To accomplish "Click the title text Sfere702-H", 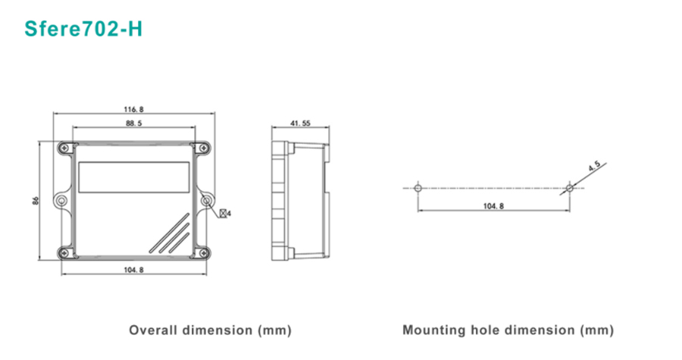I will click(83, 29).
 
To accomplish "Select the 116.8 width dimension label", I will click(133, 108).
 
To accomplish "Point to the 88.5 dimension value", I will click(133, 123).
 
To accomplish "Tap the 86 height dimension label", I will click(36, 201).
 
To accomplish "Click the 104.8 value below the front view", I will click(133, 270).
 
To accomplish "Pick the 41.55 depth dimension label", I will click(301, 123).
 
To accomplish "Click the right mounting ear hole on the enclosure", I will click(206, 200).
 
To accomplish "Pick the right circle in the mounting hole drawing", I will click(569, 186).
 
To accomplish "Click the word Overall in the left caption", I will click(153, 330).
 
